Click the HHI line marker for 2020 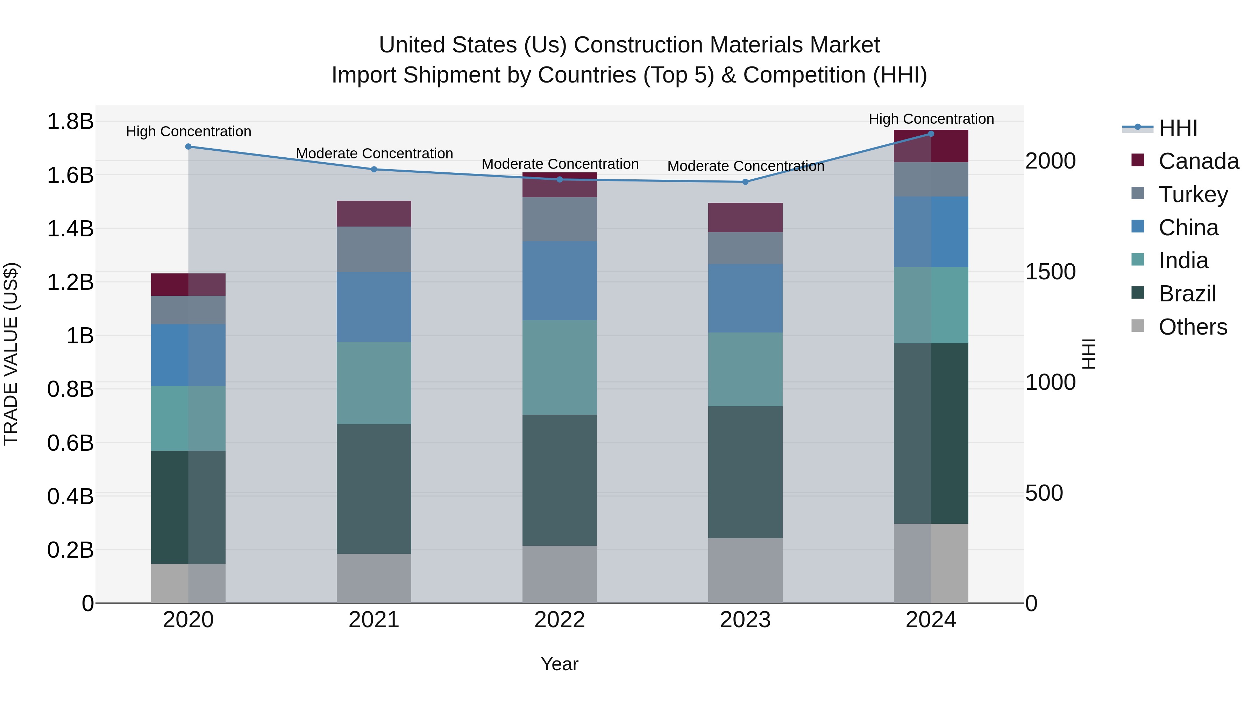188,146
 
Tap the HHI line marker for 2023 745,182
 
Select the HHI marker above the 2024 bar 931,134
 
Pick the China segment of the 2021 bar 374,307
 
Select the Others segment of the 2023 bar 745,570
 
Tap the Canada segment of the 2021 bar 374,214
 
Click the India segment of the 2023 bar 745,370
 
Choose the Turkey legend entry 1193,194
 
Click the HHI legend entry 1178,128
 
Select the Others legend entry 1193,327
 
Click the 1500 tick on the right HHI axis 1050,272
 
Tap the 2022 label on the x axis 560,620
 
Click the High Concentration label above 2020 189,131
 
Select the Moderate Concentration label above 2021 374,153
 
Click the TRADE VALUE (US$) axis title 11,354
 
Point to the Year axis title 560,664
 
